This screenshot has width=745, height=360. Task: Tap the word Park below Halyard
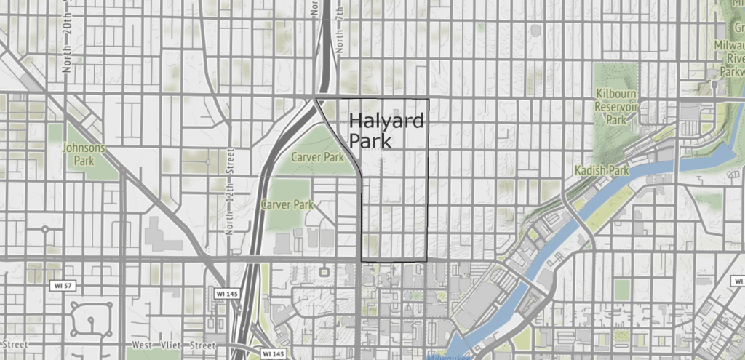370,141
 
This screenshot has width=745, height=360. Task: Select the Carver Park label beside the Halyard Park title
316,157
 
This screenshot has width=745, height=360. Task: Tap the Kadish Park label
600,170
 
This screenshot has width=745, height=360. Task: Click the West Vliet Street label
173,345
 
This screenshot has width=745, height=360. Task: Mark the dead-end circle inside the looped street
90,321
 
